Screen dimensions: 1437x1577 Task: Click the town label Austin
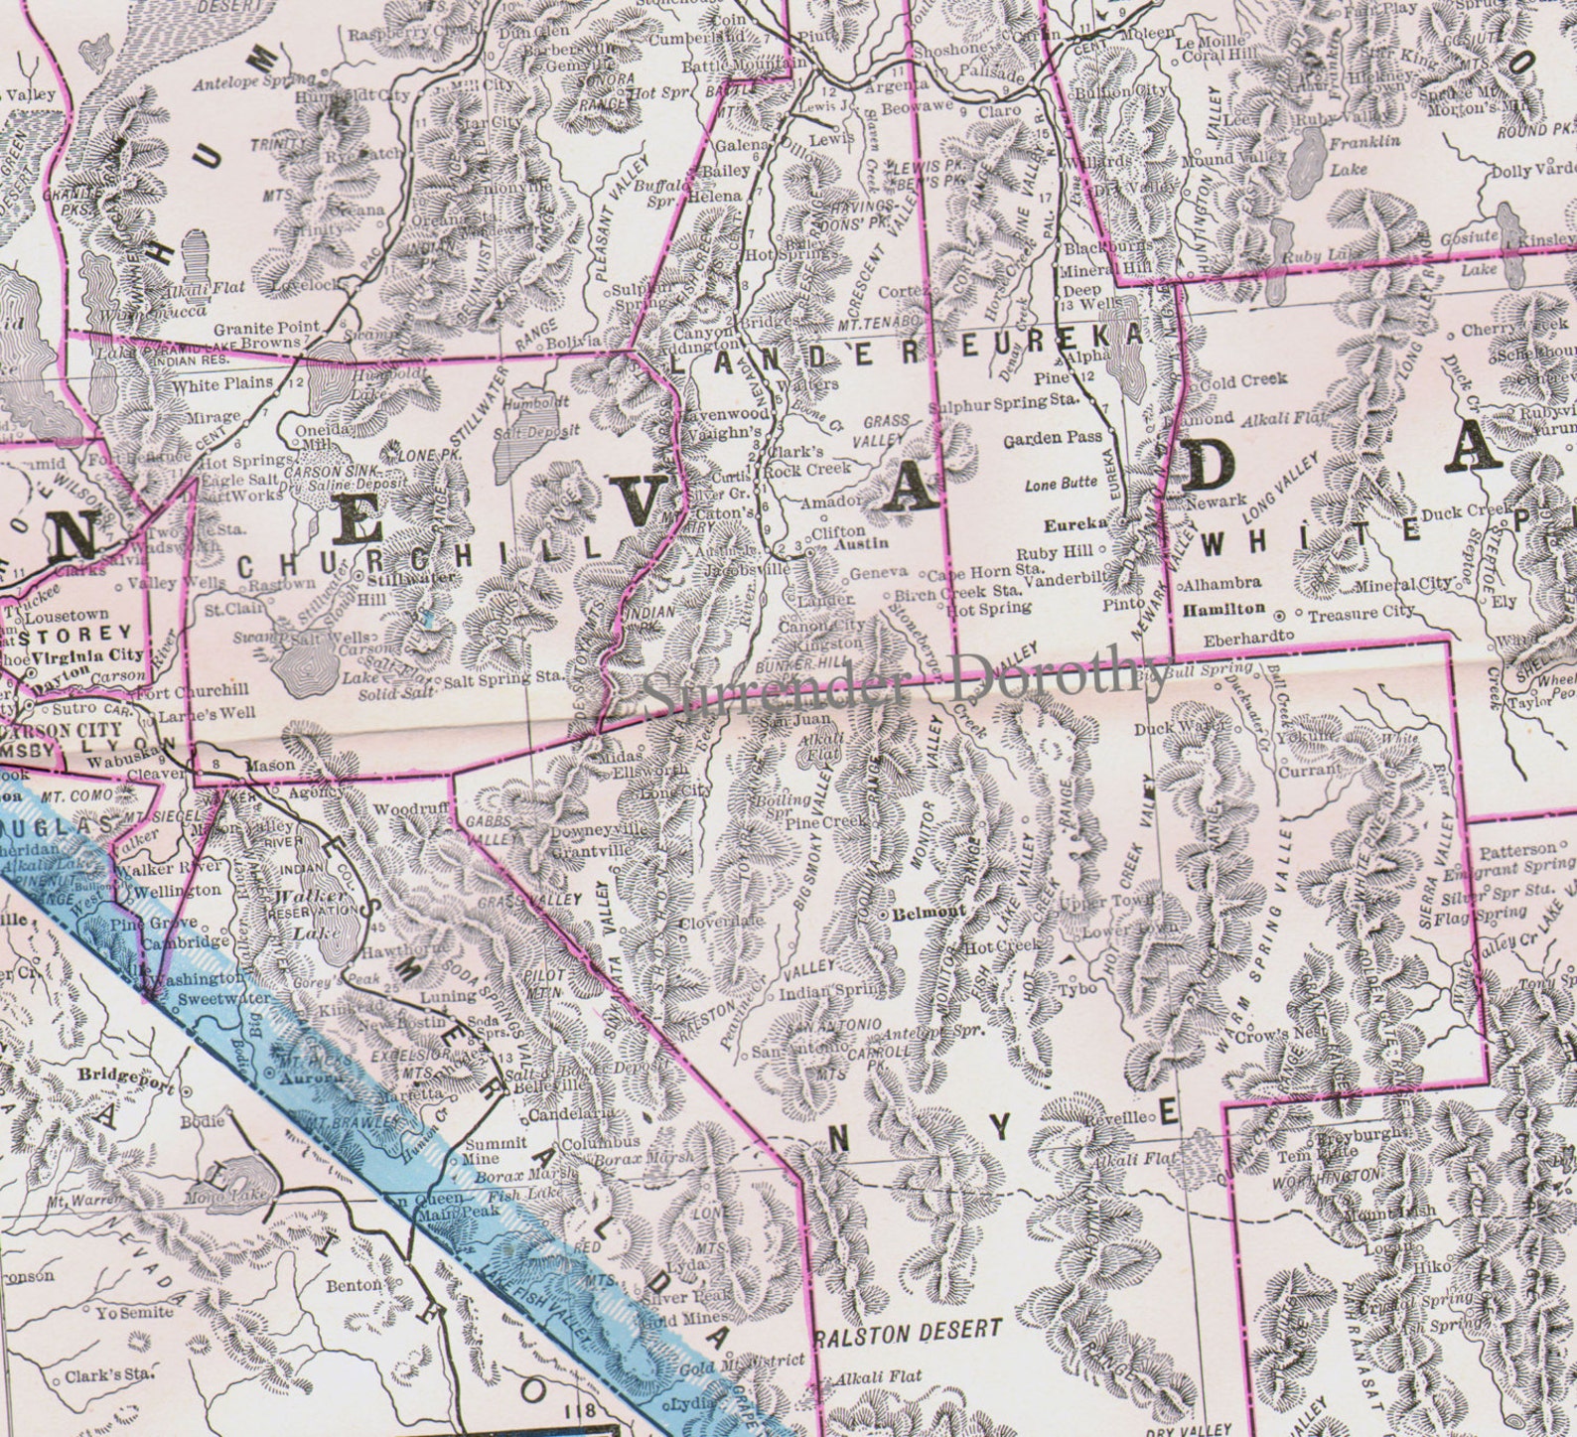(x=859, y=545)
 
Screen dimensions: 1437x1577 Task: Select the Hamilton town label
(x=1223, y=609)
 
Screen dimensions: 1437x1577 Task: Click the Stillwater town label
(x=411, y=577)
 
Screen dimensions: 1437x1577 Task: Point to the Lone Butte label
(x=1063, y=484)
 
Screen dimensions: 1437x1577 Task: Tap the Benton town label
(x=355, y=1285)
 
